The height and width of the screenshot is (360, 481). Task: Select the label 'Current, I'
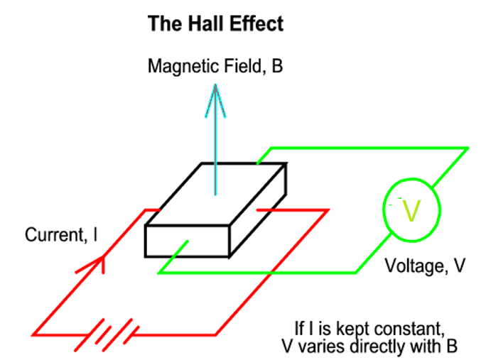63,235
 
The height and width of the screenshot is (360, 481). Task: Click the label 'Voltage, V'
425,266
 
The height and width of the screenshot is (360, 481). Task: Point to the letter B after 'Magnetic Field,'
277,67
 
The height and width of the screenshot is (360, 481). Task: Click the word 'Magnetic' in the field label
178,67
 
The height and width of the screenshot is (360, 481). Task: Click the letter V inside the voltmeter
412,210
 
